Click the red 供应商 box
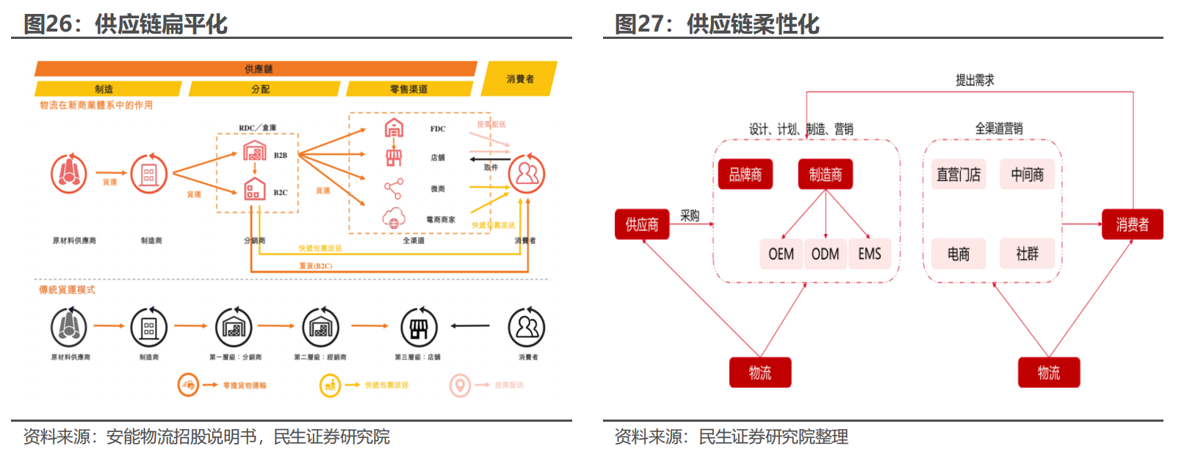[x=641, y=224]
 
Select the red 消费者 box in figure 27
[x=1132, y=224]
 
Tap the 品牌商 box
[x=745, y=175]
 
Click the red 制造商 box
[x=826, y=175]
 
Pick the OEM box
[x=781, y=254]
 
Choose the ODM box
[x=825, y=254]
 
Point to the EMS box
[x=870, y=254]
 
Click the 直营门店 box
[x=959, y=175]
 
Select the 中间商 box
[x=1027, y=175]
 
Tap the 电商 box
[x=959, y=254]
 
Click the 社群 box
[x=1027, y=254]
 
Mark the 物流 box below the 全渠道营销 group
[x=1048, y=373]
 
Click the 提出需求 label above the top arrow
[x=975, y=80]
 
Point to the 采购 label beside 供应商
[x=690, y=216]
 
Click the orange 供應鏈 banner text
[x=259, y=69]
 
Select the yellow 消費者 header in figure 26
[x=520, y=79]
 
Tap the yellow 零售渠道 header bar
[x=408, y=89]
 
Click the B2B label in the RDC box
[x=281, y=155]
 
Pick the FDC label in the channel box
[x=438, y=129]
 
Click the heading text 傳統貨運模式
[x=67, y=290]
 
